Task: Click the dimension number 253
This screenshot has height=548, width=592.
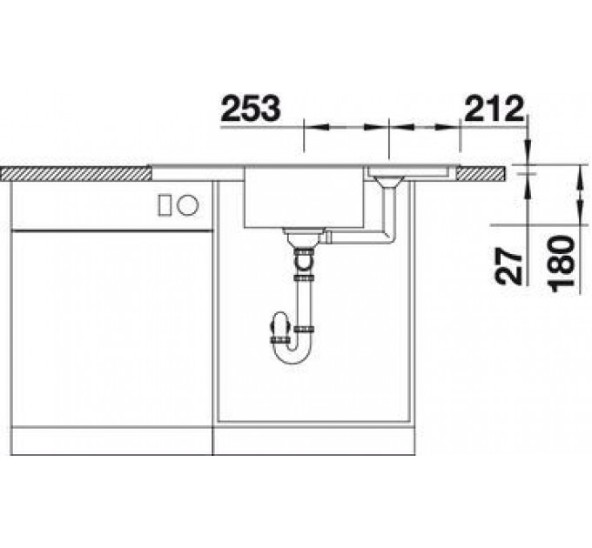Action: click(x=251, y=108)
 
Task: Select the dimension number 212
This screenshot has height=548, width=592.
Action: click(x=494, y=108)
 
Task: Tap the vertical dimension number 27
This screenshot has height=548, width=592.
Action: click(x=508, y=265)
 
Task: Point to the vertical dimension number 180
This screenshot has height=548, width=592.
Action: click(x=562, y=264)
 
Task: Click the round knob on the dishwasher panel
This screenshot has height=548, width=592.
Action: click(x=188, y=205)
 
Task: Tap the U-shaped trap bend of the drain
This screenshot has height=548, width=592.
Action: click(x=293, y=352)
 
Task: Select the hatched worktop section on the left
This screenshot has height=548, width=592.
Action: click(x=76, y=173)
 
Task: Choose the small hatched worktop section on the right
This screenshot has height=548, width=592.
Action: click(x=481, y=173)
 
